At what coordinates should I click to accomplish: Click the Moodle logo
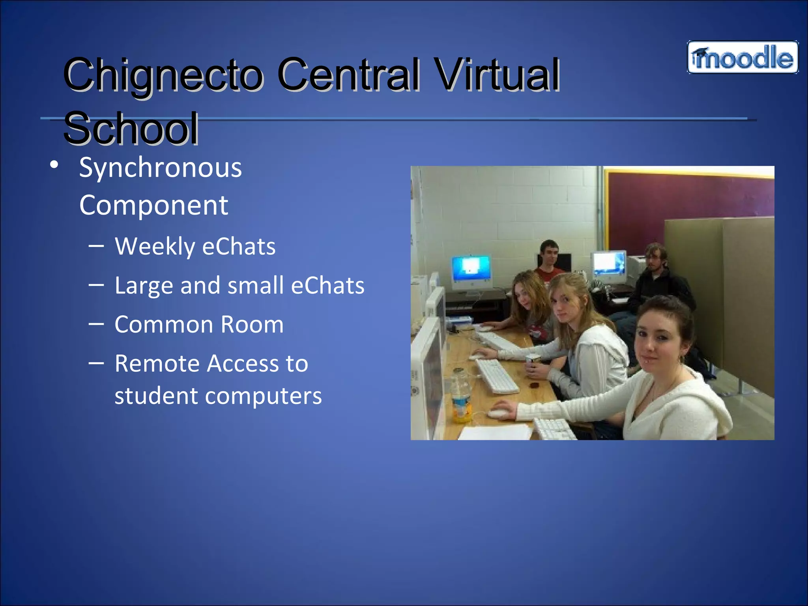tap(743, 58)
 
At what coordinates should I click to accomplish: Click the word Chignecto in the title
tap(163, 75)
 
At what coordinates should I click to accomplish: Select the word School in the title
tap(131, 128)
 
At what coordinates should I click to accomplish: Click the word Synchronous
tap(160, 168)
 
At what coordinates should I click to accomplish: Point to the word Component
tap(153, 205)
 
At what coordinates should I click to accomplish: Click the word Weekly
tap(154, 247)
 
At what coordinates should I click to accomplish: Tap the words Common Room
tap(199, 325)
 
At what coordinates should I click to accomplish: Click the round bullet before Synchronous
tap(54, 165)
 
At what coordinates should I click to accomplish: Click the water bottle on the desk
tap(461, 397)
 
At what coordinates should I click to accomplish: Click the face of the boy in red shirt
tap(549, 252)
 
